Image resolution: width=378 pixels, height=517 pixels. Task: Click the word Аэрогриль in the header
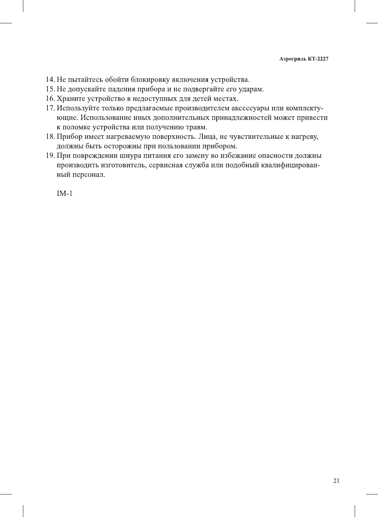coord(293,59)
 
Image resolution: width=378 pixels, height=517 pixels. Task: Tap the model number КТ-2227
coord(318,59)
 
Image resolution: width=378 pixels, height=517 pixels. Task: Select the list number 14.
coord(50,80)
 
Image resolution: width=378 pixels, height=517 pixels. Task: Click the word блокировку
coord(150,80)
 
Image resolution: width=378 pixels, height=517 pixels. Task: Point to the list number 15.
coord(50,89)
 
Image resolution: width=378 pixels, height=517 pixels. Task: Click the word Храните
coord(70,99)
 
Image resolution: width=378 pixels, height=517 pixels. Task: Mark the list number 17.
coord(50,108)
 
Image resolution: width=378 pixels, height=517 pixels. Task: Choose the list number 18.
coord(50,137)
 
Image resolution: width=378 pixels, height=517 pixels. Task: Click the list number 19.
coord(50,156)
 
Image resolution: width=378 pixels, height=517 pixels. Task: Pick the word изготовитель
coord(123,165)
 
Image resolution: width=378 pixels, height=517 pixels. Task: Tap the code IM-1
coord(64,193)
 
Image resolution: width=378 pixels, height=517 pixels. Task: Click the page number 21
coord(336,481)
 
